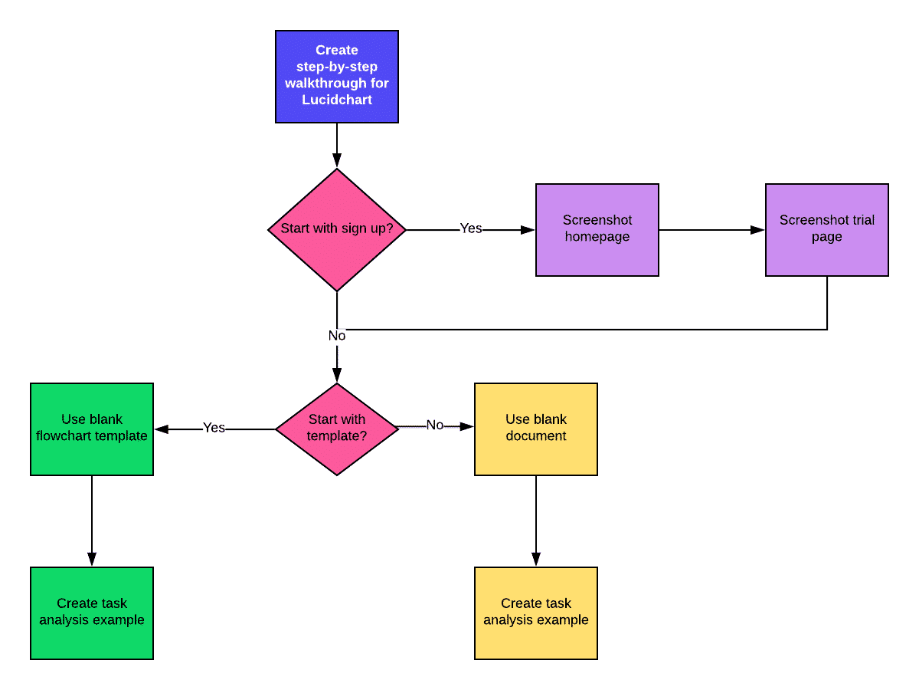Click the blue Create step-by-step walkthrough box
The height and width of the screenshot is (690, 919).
337,77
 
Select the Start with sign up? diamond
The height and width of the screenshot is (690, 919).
337,229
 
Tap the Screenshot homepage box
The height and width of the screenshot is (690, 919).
597,229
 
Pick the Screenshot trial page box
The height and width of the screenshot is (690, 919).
827,229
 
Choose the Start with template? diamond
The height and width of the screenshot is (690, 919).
337,429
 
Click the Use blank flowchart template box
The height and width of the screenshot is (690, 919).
92,429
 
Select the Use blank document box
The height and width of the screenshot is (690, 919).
536,429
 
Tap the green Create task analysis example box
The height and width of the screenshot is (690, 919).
92,613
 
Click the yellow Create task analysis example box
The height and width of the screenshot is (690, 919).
536,613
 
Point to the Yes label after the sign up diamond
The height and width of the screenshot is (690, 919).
471,228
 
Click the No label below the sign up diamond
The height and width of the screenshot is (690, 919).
337,336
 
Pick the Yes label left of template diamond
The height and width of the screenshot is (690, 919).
214,428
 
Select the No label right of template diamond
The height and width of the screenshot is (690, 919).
435,426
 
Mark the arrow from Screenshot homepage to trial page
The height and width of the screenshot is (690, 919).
712,230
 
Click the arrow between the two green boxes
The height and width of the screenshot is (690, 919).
92,521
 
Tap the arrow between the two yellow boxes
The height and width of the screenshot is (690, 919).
536,521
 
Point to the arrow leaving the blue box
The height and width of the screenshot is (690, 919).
337,146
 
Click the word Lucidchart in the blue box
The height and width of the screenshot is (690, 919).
337,100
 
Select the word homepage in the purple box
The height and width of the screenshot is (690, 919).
597,237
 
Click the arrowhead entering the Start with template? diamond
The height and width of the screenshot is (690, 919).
337,376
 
